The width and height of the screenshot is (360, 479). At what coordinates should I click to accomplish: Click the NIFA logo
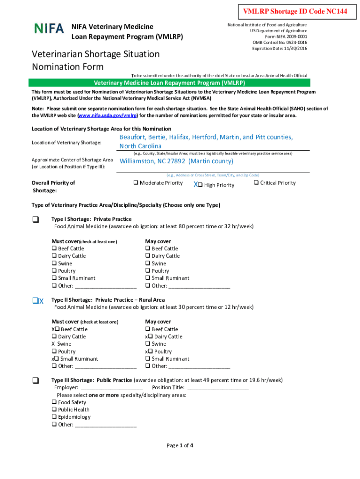pos(49,28)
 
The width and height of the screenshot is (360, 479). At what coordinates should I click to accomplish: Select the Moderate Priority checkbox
pos(136,183)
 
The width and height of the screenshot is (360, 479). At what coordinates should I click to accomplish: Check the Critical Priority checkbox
pos(256,183)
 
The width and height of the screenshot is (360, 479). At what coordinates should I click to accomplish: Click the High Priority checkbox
pos(200,185)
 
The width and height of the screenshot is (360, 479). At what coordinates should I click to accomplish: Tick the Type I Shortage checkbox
pos(36,219)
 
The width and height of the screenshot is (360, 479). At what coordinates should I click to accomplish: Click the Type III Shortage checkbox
pos(36,380)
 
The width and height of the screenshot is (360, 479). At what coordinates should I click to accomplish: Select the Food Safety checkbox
pos(54,402)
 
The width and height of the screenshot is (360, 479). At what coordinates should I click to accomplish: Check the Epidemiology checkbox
pos(54,417)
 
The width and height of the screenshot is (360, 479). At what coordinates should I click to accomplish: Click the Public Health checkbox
pos(54,410)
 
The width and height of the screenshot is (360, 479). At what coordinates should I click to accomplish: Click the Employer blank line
pos(112,388)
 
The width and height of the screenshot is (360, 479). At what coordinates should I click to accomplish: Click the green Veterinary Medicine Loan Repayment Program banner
pos(169,83)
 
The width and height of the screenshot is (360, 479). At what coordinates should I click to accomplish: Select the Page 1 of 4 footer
pos(180,445)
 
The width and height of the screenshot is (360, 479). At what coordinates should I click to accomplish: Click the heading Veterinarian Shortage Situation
pos(95,54)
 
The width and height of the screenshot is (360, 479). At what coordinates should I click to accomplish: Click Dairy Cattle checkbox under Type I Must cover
pos(54,256)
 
